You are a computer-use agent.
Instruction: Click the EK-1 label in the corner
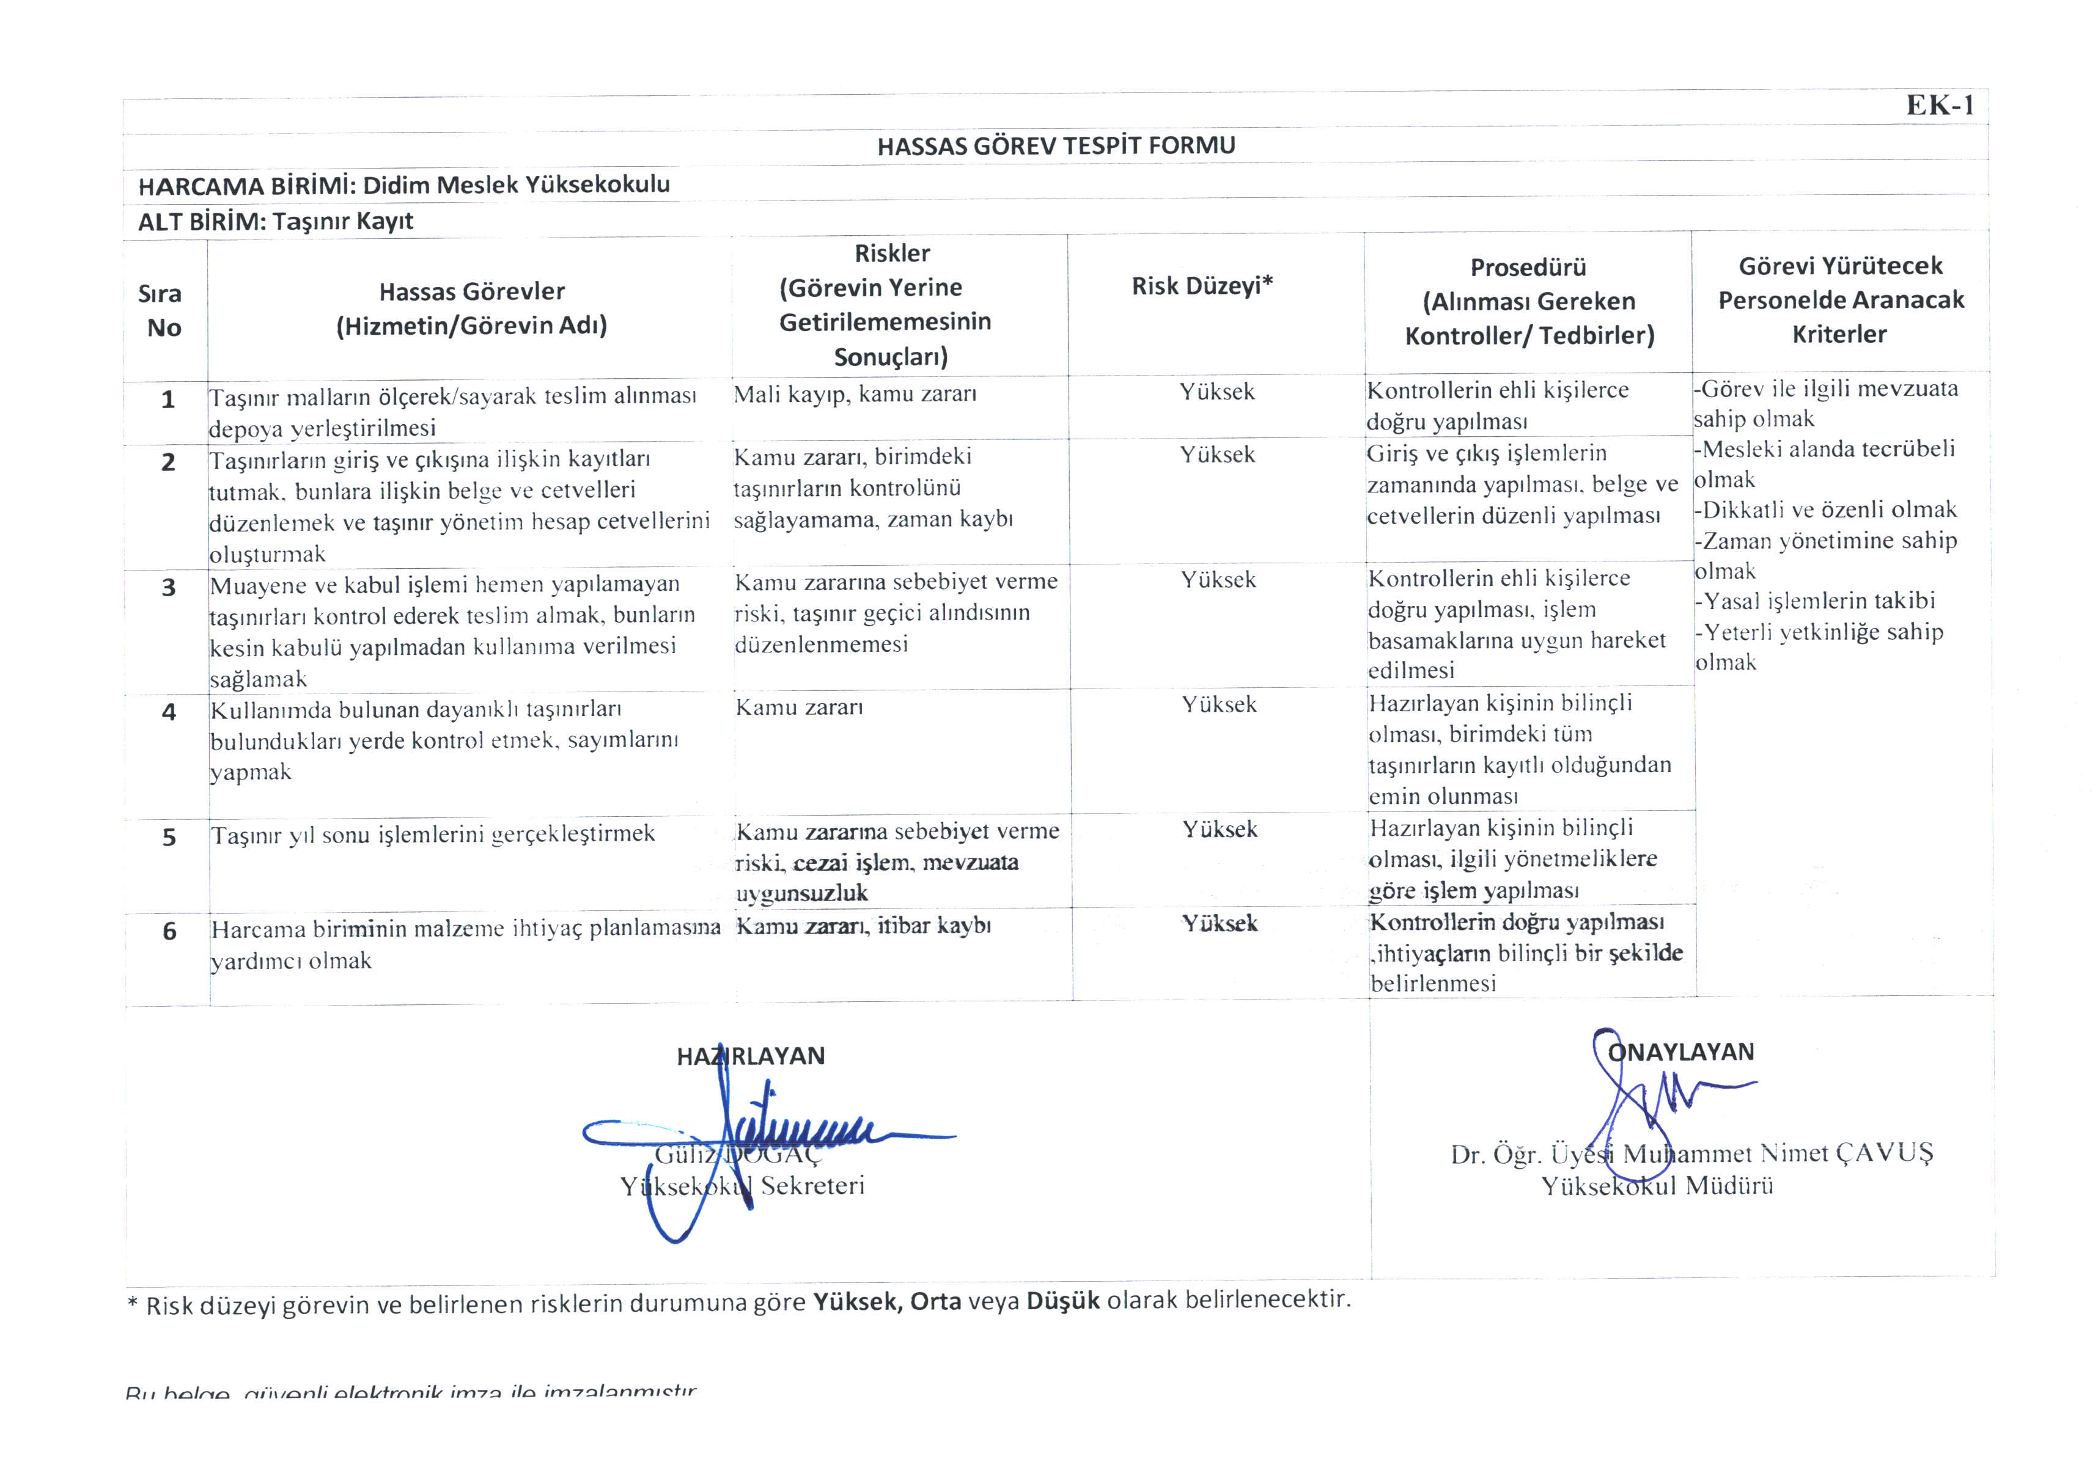coord(1939,106)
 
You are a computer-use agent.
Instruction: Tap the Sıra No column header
coord(162,310)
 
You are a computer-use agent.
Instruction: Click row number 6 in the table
coord(170,932)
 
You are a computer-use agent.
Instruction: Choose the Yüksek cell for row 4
coord(1219,705)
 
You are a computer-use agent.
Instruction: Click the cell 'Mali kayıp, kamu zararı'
coord(855,395)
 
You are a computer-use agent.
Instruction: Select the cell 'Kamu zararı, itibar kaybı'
coord(863,926)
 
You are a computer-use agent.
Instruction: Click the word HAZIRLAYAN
coord(750,1057)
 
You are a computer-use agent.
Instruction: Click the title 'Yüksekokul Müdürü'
coord(1657,1186)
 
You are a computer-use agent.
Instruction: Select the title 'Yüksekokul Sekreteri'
coord(742,1186)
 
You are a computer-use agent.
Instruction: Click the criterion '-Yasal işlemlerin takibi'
coord(1815,601)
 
